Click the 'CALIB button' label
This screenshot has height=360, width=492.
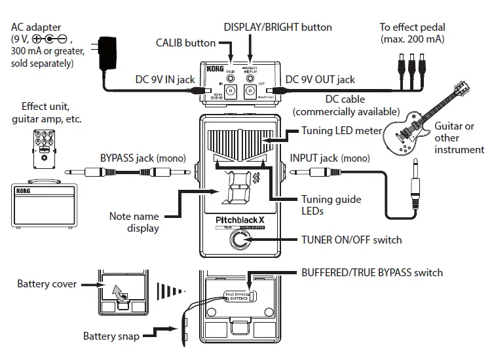pyautogui.click(x=185, y=43)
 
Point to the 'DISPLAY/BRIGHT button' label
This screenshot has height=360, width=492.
pyautogui.click(x=278, y=27)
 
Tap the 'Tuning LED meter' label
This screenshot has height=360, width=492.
pyautogui.click(x=341, y=130)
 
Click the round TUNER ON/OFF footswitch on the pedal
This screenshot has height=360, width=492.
pyautogui.click(x=239, y=242)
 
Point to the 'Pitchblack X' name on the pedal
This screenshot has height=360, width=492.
pyautogui.click(x=239, y=220)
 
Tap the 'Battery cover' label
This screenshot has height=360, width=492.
pyautogui.click(x=47, y=284)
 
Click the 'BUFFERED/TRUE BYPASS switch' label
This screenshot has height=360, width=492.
pyautogui.click(x=371, y=272)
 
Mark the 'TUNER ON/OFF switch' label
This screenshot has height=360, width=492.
pyautogui.click(x=351, y=240)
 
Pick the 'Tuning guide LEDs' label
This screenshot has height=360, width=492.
pyautogui.click(x=331, y=205)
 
